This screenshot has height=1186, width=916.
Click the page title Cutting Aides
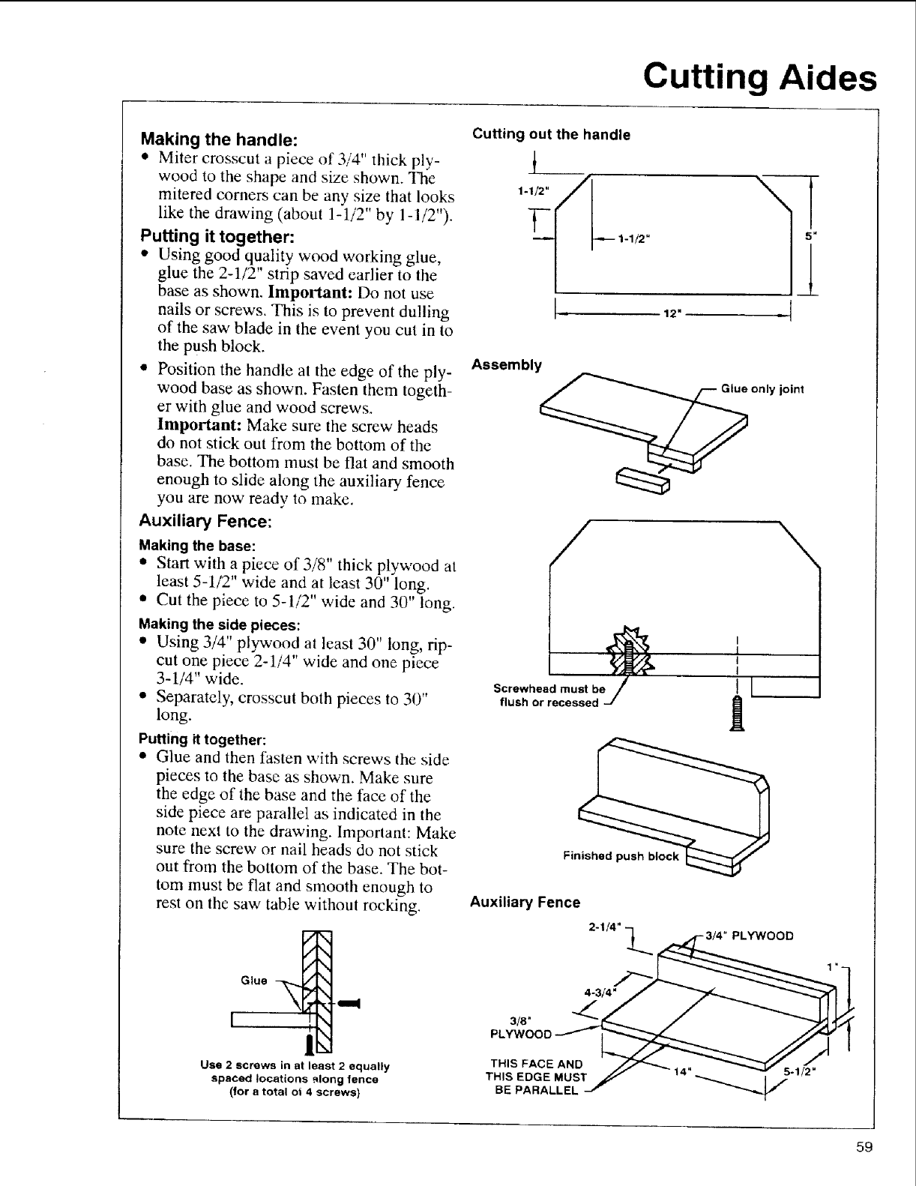click(759, 76)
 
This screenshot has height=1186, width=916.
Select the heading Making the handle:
click(220, 139)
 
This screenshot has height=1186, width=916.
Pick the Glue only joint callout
click(762, 388)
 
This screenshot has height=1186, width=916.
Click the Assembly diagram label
click(506, 365)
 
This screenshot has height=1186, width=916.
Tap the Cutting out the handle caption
click(550, 135)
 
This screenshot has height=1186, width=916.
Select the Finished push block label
click(621, 856)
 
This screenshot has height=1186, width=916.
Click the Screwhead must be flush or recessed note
click(549, 696)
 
